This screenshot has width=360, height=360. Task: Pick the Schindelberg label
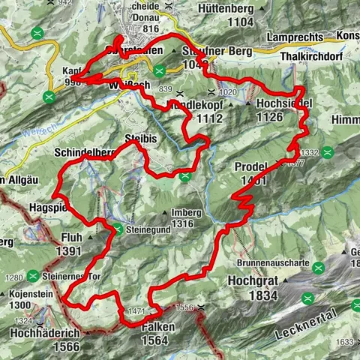82,152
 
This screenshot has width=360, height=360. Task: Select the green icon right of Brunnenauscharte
319,267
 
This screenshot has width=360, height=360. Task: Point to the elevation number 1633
343,343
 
